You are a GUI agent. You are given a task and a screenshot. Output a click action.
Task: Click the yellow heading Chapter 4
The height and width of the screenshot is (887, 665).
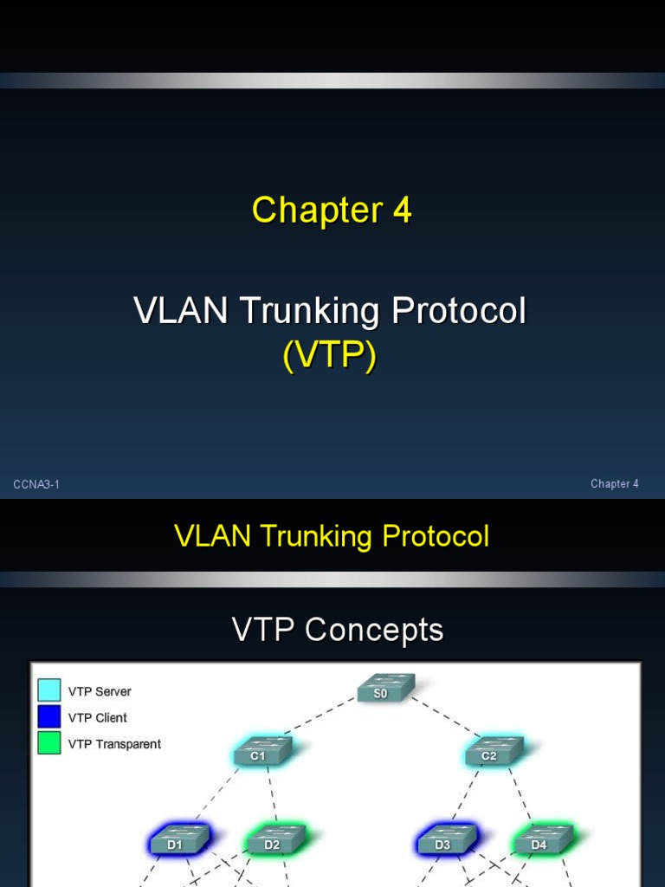click(x=332, y=210)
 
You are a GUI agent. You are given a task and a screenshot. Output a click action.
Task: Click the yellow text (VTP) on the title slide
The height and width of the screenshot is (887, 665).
click(x=330, y=356)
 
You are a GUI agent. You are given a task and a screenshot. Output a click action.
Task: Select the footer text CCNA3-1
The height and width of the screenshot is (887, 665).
click(x=36, y=484)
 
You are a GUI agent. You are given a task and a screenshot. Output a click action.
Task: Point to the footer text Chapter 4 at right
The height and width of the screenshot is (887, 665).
click(x=614, y=484)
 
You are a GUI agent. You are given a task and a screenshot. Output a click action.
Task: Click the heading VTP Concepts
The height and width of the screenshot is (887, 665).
click(x=337, y=630)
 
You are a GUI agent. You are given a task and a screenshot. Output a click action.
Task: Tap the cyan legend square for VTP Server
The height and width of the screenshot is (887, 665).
click(x=49, y=690)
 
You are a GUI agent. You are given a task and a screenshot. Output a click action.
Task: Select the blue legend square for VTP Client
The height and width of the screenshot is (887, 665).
click(x=49, y=716)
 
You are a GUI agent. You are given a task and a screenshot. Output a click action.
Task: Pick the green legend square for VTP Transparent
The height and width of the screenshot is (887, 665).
click(x=49, y=743)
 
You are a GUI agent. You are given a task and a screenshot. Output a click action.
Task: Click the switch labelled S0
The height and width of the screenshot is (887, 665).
click(x=385, y=689)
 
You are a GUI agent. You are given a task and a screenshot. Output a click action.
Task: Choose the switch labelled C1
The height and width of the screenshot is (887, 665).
click(x=261, y=750)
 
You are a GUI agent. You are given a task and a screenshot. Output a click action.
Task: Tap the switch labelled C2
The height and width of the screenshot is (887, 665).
click(x=493, y=750)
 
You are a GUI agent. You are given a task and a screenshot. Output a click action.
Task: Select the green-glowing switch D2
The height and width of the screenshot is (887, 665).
click(x=274, y=839)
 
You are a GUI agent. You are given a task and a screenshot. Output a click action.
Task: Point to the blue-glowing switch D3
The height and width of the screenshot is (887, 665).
click(x=445, y=839)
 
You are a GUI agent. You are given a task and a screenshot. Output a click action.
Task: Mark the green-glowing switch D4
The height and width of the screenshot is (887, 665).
click(x=542, y=839)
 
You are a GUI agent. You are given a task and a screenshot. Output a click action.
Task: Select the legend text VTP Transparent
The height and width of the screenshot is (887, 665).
click(x=114, y=744)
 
